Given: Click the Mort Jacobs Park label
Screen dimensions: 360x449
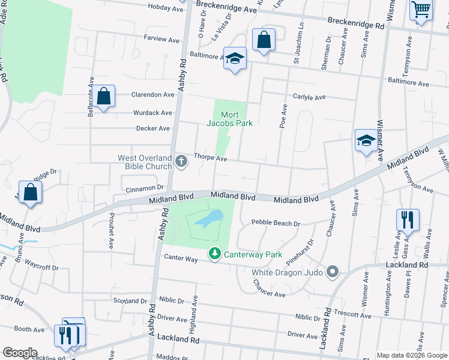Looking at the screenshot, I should tap(229, 119).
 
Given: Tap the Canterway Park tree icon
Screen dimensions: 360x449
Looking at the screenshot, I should tap(214, 254).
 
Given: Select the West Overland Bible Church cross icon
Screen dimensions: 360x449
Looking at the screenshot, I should tap(182, 160).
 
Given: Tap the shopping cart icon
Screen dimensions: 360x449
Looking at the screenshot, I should tap(421, 10).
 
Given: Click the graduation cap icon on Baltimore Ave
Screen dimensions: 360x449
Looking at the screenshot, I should tap(235, 59).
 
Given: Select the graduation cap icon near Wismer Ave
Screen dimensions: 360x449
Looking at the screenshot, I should tap(366, 141).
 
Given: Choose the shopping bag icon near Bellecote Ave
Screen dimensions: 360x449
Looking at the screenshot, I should tap(104, 97).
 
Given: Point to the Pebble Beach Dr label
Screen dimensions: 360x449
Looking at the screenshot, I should tap(275, 223).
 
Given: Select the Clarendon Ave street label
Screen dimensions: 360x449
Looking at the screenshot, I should tap(153, 95).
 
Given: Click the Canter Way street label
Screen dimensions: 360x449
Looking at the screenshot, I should tap(181, 259).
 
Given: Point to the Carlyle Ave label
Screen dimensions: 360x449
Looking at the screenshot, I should tap(309, 97).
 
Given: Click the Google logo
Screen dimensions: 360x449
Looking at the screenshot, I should tap(19, 353).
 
